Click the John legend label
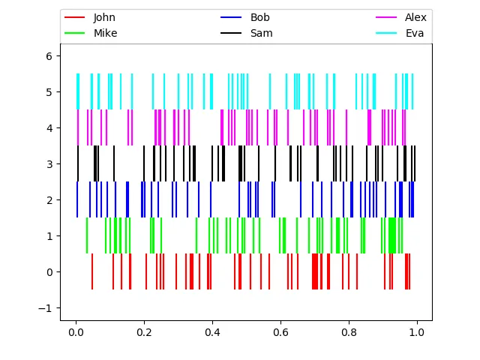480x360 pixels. point(104,17)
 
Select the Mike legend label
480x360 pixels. point(105,33)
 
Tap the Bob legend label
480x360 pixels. point(260,17)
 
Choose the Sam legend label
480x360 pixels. point(261,33)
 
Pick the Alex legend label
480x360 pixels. point(415,17)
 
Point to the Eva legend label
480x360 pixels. point(415,33)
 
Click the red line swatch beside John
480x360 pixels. point(76,17)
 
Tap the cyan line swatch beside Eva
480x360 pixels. point(386,33)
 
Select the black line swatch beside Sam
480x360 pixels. point(231,33)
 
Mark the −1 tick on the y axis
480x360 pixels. point(48,308)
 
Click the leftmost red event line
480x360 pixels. point(92,271)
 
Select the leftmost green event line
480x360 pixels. point(87,235)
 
